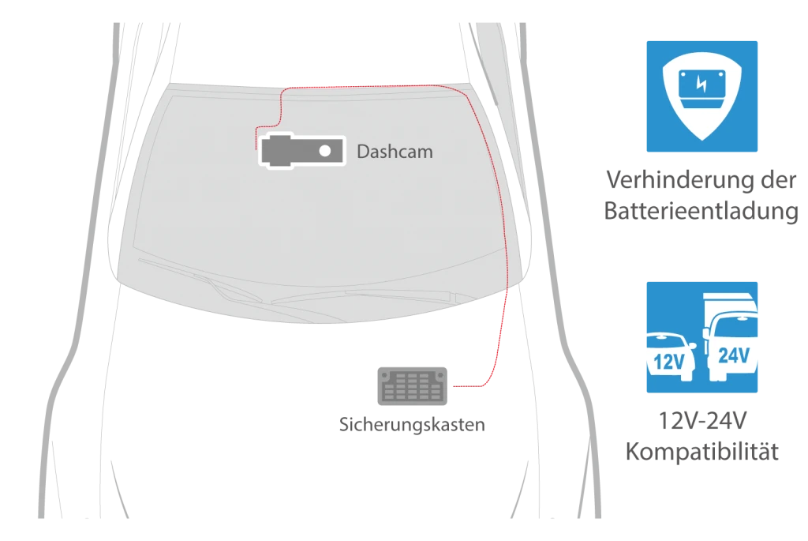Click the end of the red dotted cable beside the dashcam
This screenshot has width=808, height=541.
[x=256, y=149]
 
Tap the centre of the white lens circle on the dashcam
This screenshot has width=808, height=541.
[x=324, y=151]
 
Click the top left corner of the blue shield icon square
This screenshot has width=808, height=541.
[x=647, y=41]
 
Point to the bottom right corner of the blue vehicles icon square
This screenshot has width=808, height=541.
[x=757, y=393]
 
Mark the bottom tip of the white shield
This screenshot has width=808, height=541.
[x=701, y=141]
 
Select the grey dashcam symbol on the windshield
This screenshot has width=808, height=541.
[x=302, y=151]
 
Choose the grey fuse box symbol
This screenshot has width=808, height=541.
[x=412, y=385]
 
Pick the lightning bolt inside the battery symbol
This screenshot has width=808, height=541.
[x=701, y=84]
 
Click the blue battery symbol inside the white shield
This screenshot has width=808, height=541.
[x=701, y=88]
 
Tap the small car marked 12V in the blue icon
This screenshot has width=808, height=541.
[x=671, y=356]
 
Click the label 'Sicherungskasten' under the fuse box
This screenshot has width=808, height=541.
[x=412, y=424]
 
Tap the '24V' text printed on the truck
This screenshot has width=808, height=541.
[x=734, y=355]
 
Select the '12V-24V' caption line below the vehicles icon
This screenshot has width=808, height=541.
[x=702, y=421]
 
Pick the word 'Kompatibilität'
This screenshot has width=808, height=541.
[x=701, y=452]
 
